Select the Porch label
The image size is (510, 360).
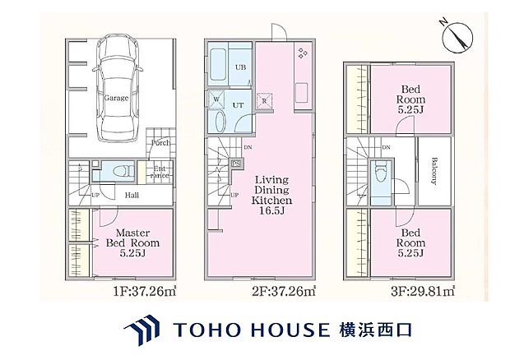[160, 142]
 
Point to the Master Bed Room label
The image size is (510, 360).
[132, 242]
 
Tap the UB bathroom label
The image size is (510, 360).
[241, 68]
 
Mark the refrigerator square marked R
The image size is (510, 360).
[266, 102]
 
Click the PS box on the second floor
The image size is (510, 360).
[236, 163]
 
